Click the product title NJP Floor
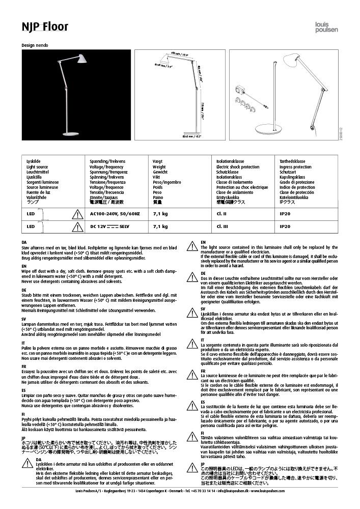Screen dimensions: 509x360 coord(45,26)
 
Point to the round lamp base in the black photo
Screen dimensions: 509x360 coord(70,134)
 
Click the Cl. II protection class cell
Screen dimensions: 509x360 coord(221,214)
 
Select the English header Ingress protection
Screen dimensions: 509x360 coord(295,167)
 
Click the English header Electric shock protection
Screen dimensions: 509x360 coord(238,167)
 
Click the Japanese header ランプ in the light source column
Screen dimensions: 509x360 coord(32,202)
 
